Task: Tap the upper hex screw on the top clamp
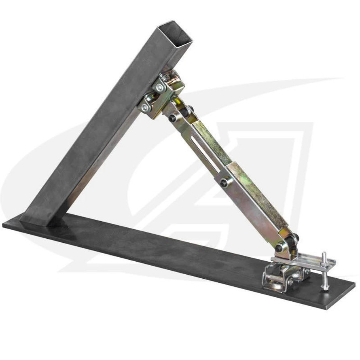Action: tap(161, 87)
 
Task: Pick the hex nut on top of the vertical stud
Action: tap(324, 256)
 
